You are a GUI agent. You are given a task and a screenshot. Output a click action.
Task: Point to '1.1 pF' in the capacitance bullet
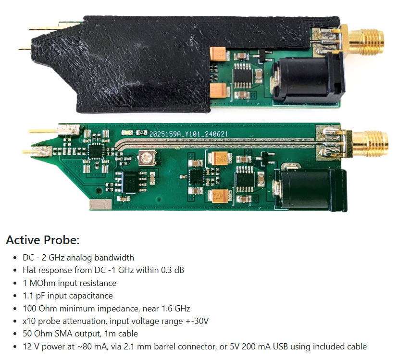34,296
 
